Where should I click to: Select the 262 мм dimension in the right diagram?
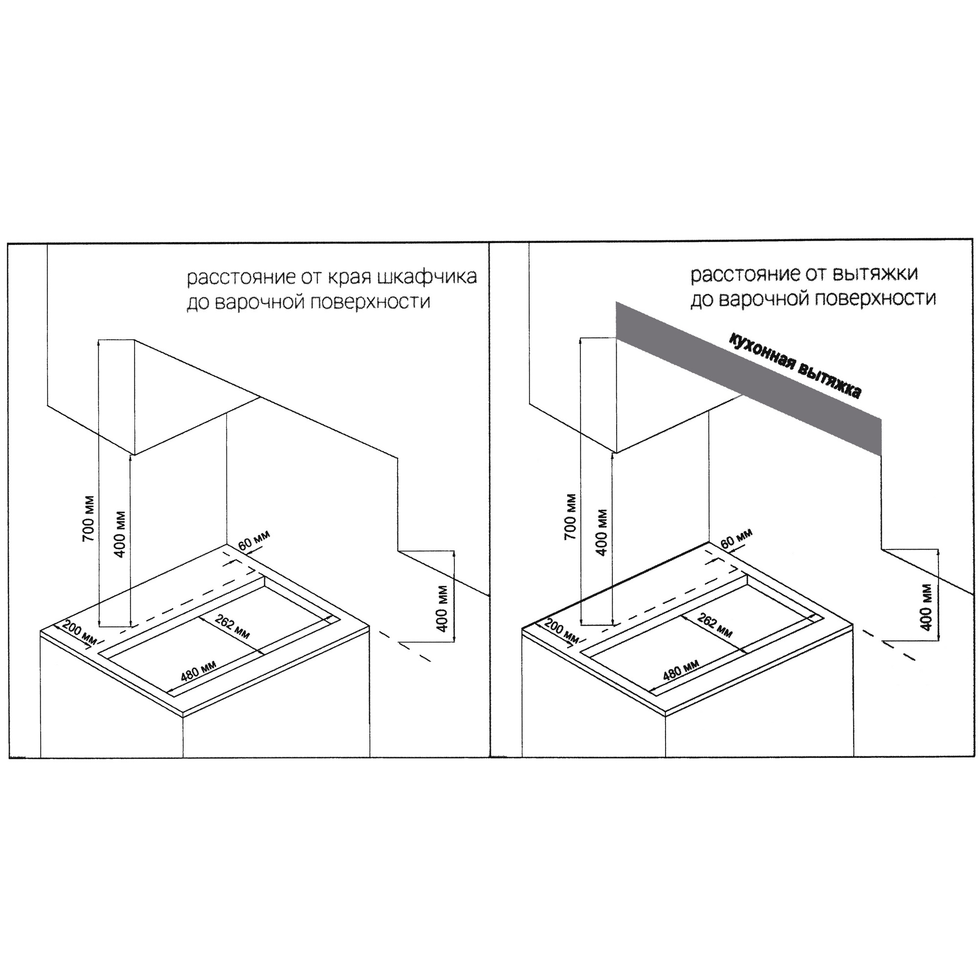pos(714,625)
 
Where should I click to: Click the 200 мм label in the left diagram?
pos(79,633)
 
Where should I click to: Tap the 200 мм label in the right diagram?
pos(561,631)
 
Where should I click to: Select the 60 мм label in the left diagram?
pos(254,541)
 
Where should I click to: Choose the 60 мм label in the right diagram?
pos(736,538)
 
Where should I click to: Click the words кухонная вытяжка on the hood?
pos(795,366)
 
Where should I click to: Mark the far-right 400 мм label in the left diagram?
pos(442,608)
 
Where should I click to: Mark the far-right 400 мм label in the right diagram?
pos(926,607)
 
